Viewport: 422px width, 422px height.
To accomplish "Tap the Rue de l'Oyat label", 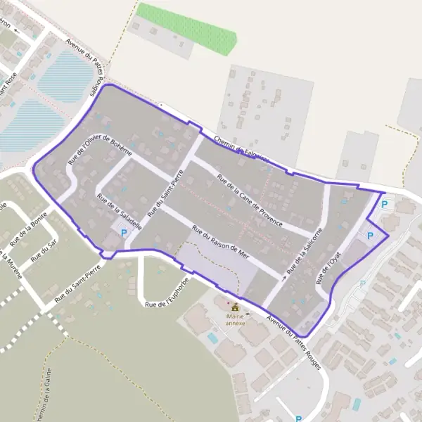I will click(328, 265).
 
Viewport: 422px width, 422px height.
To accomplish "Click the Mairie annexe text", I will click(235, 320).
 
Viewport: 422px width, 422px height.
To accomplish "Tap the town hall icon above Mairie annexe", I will click(235, 307).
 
